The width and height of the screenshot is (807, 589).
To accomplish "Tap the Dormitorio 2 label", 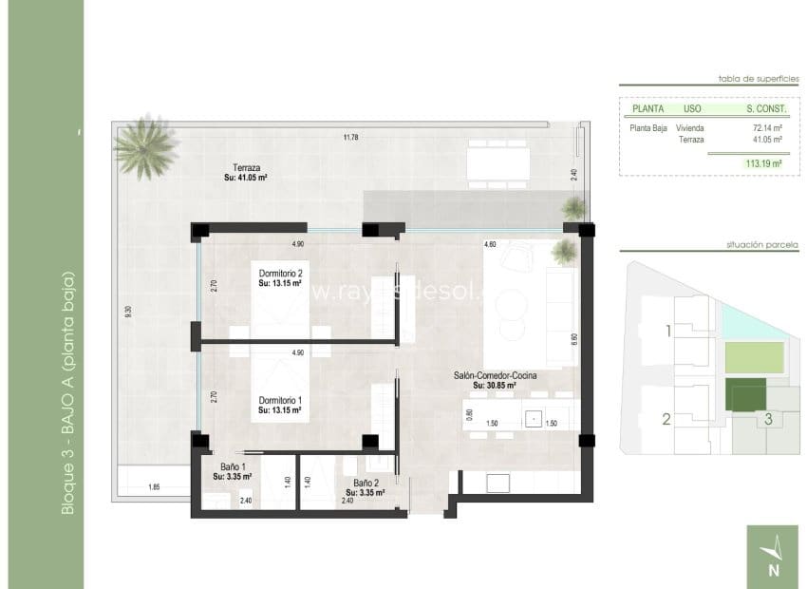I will pos(280,275).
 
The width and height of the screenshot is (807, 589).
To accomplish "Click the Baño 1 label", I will pos(232,466).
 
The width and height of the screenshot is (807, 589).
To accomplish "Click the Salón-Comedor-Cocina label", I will pos(495,377).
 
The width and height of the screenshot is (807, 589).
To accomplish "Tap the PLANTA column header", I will pos(647,108).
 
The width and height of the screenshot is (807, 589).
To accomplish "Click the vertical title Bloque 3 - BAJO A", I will pos(66,394).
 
